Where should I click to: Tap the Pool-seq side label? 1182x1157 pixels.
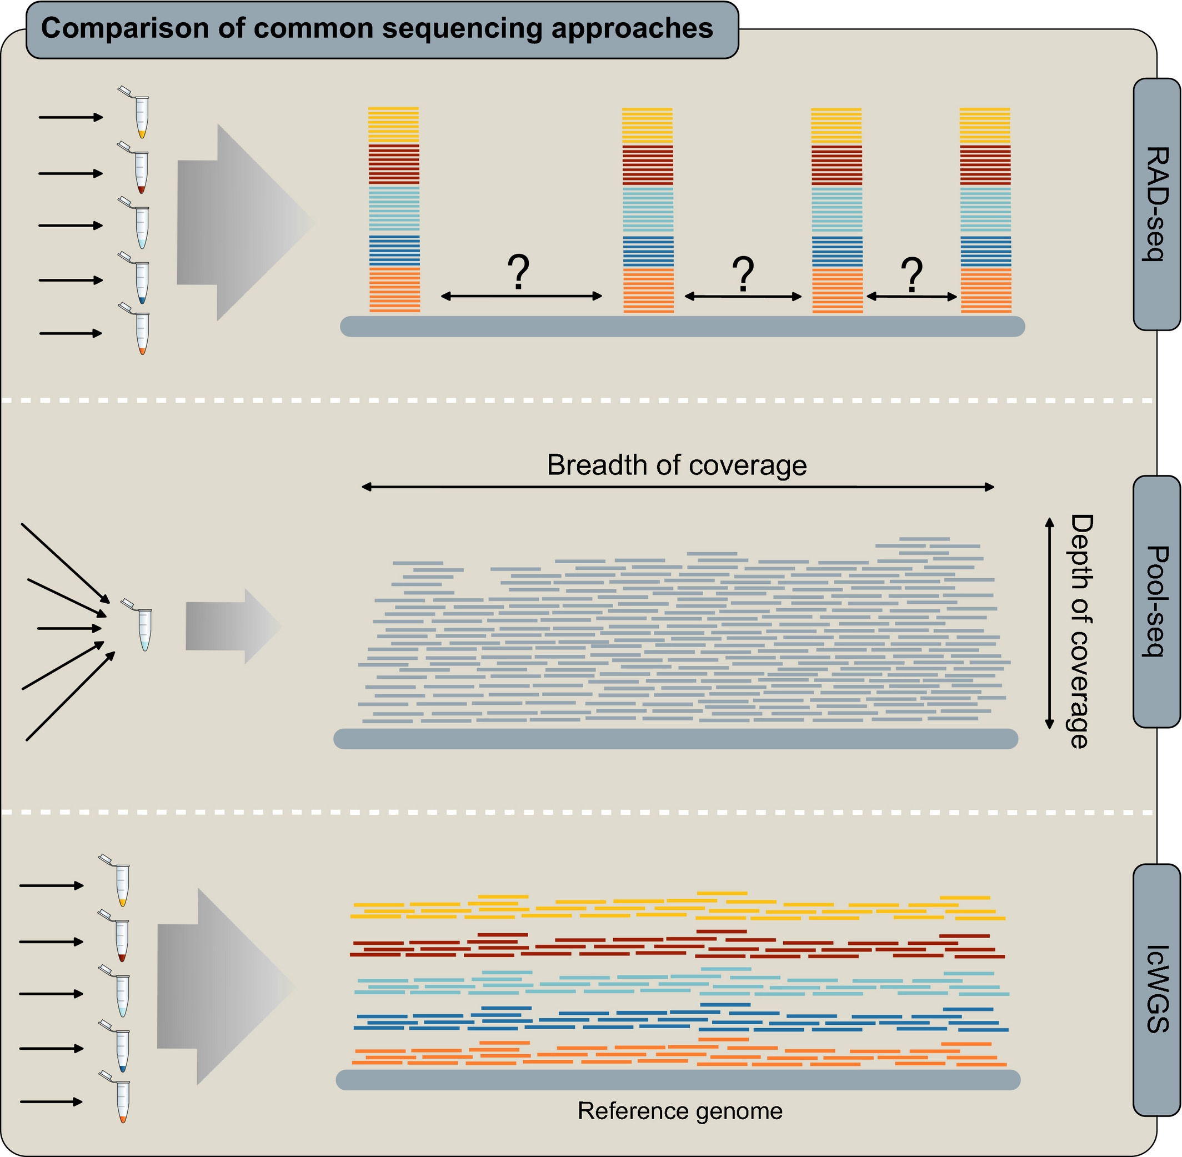pos(1156,601)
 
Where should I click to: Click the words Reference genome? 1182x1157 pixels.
pos(679,1111)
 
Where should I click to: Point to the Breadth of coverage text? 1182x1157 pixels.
pos(677,465)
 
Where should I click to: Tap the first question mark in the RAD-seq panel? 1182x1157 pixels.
pos(518,272)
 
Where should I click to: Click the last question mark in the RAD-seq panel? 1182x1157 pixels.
pos(911,274)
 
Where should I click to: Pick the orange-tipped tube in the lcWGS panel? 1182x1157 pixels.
pos(122,1101)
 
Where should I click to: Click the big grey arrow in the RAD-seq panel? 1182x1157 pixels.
pos(243,222)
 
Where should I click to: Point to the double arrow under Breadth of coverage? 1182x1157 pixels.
pos(678,487)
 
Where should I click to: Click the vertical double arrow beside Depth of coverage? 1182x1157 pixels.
pos(1049,623)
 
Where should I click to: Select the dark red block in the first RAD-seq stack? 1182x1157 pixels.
pos(394,164)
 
